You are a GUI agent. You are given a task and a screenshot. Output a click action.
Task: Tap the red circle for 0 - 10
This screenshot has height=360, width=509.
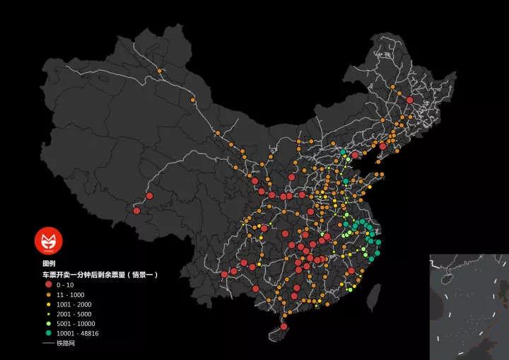click(x=49, y=284)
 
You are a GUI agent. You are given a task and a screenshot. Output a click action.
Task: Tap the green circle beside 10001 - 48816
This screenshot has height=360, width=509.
click(x=49, y=333)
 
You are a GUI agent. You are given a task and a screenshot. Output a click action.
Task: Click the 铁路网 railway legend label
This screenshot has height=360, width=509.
click(x=66, y=343)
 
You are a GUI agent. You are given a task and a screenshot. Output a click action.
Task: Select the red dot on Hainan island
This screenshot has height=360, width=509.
click(x=283, y=327)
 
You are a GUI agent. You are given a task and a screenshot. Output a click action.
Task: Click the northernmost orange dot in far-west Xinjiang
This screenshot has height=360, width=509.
click(x=160, y=71)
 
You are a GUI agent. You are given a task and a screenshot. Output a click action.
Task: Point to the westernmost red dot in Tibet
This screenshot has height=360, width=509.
click(x=136, y=210)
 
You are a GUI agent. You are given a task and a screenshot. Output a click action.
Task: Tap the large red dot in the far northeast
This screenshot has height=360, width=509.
click(x=409, y=100)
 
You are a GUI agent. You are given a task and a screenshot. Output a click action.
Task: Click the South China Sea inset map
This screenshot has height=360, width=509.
click(x=469, y=306)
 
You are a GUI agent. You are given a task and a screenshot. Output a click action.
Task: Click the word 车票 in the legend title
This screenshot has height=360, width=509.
click(x=49, y=274)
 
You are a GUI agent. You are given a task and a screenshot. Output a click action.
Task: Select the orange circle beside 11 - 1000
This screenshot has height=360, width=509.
click(x=49, y=294)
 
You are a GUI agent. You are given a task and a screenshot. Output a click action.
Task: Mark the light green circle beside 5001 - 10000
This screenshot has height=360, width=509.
click(x=49, y=323)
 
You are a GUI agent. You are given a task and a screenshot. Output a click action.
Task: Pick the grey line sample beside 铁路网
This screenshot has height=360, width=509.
click(x=49, y=343)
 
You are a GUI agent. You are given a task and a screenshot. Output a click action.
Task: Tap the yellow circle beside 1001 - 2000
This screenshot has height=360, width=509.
click(x=49, y=303)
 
